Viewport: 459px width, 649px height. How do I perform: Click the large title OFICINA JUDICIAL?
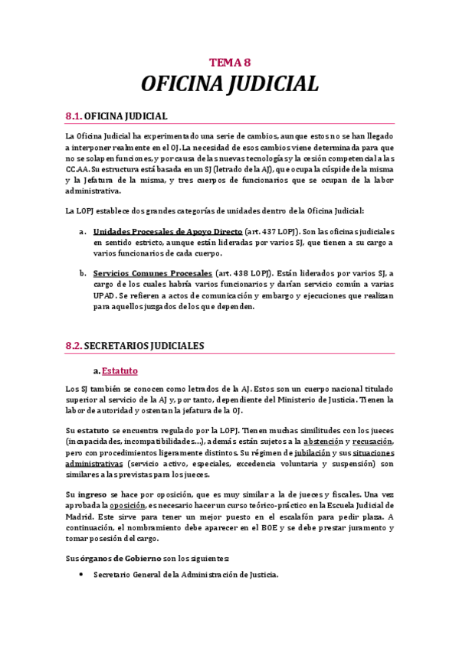point(230,83)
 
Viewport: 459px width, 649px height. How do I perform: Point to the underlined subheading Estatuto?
point(120,371)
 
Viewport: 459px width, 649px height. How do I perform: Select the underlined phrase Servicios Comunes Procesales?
point(152,273)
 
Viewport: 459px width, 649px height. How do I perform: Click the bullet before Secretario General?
point(80,574)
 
